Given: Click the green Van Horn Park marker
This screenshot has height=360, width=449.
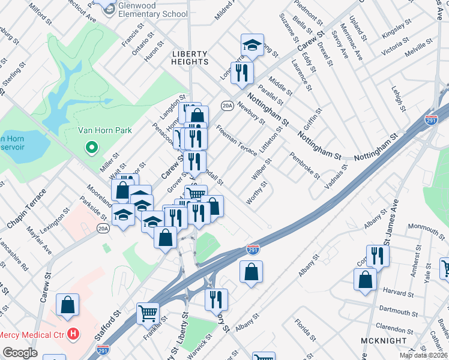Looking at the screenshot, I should pos(91,146).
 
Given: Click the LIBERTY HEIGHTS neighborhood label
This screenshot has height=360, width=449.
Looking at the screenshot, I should pos(190,57).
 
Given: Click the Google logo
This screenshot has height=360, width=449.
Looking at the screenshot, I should pos(20,353).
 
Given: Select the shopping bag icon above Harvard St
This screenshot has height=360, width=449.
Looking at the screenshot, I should pos(365,279).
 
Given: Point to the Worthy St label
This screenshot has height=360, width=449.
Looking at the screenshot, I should pos(256,193).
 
